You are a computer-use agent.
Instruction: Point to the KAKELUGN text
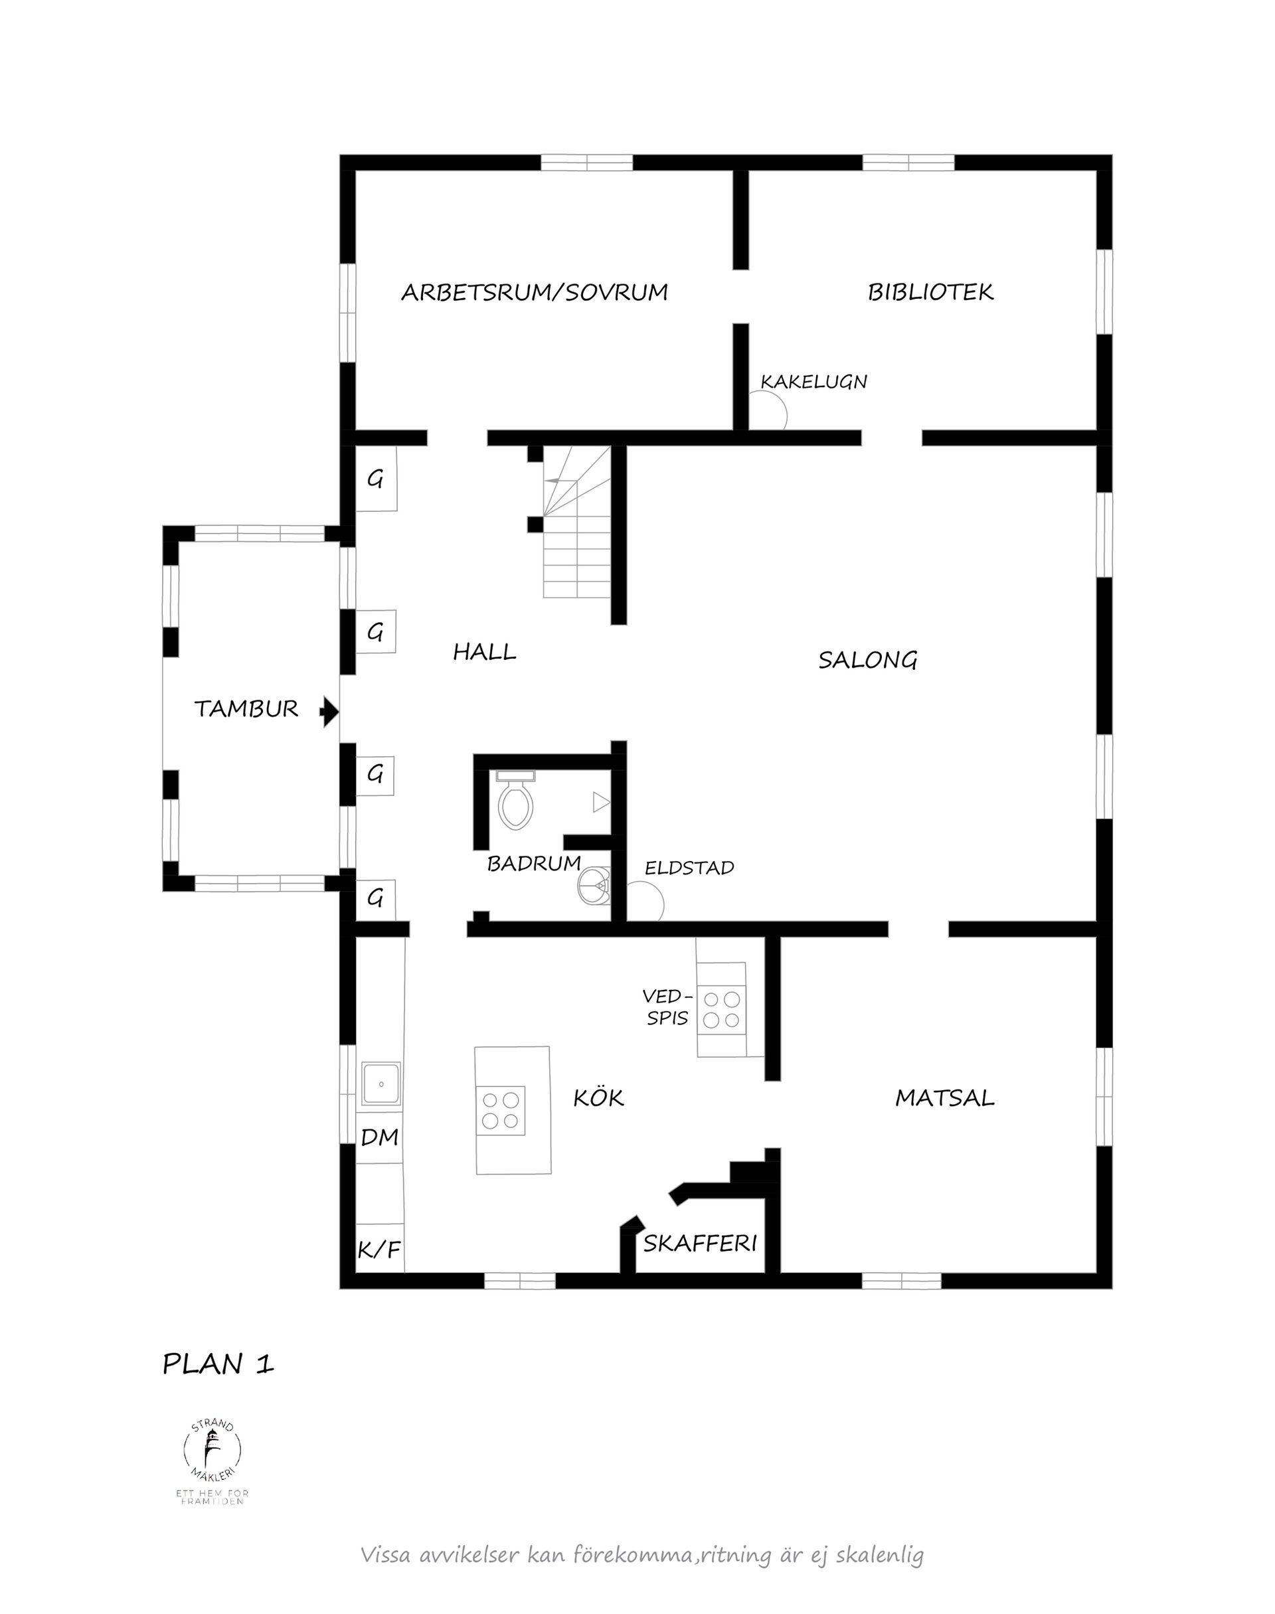tap(813, 381)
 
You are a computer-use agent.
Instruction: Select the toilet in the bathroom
tap(515, 803)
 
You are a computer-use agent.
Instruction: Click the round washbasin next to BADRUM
tap(594, 886)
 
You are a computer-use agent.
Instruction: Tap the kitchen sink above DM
tap(381, 1084)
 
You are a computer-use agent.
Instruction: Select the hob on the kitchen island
tap(501, 1110)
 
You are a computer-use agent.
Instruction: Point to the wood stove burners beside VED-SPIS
tap(722, 1009)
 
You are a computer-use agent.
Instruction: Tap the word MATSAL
tap(944, 1097)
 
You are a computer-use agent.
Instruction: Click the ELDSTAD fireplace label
tap(689, 867)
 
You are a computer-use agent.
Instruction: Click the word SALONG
tap(867, 660)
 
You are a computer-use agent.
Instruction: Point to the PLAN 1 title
tap(218, 1364)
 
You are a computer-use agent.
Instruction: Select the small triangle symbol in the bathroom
tap(600, 802)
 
